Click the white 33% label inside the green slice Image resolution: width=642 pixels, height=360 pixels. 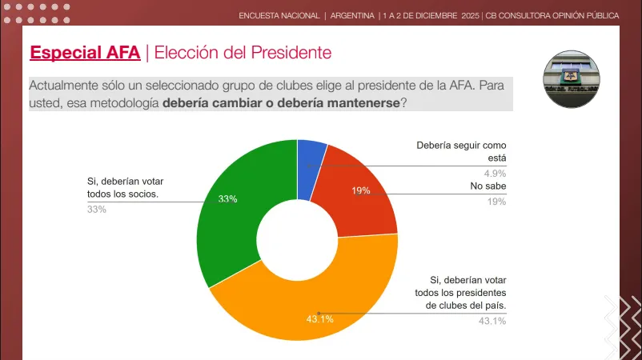[x=227, y=198]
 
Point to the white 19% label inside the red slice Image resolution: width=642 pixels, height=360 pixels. [x=360, y=190]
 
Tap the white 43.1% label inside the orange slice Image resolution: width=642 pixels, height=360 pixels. [x=319, y=319]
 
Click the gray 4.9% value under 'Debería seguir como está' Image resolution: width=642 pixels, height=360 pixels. [x=496, y=172]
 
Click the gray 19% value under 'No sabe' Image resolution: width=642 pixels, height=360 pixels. [x=497, y=202]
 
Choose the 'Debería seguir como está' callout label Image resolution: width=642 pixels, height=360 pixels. [x=462, y=152]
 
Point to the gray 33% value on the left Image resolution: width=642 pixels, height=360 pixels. [x=96, y=210]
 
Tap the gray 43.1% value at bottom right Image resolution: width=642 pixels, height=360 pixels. [x=492, y=321]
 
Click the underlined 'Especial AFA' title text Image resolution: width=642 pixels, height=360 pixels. [x=85, y=53]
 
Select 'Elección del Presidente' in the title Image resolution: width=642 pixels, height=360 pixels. [x=243, y=53]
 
